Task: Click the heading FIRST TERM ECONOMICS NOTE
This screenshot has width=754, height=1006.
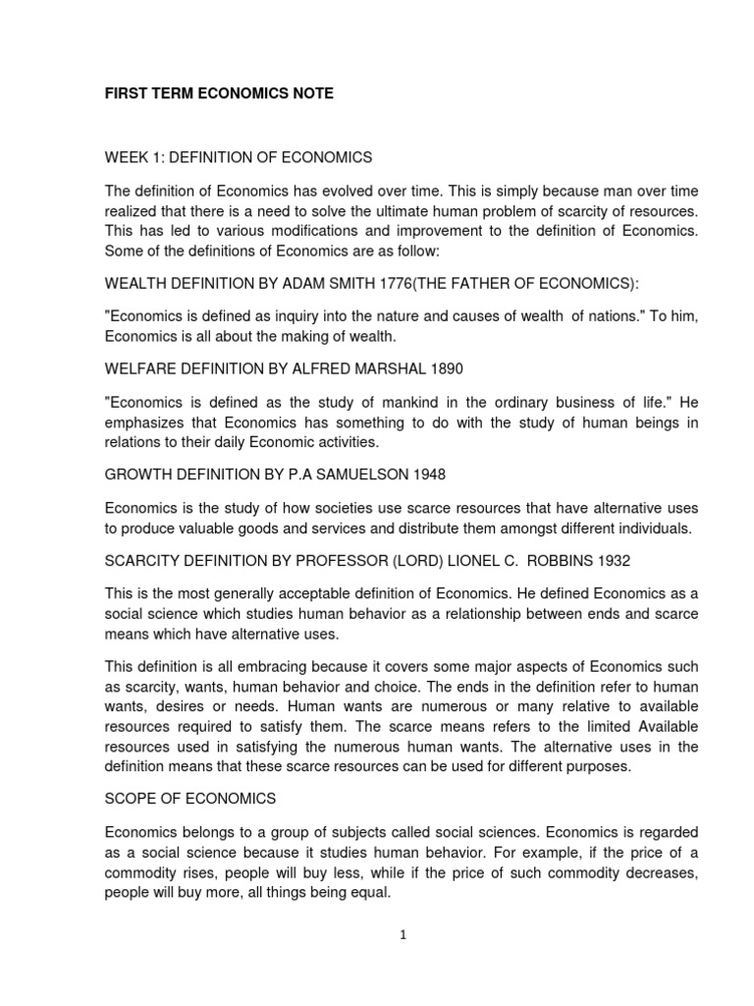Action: (x=219, y=93)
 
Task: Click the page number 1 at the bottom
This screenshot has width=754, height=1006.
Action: (x=403, y=935)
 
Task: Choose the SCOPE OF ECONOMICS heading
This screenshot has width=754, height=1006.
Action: (x=190, y=798)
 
